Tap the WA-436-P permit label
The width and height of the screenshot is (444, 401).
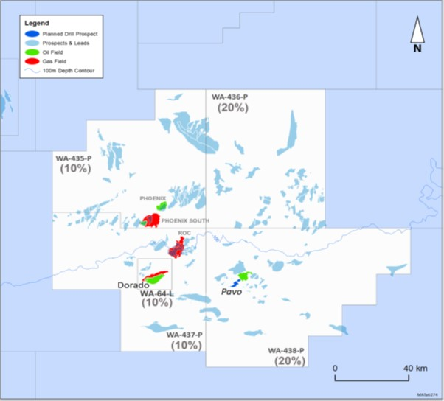coord(229,97)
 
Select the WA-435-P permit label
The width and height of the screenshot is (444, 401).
coord(74,158)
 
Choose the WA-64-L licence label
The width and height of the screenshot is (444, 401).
coord(157,293)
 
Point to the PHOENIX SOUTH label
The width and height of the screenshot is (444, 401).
coord(185,220)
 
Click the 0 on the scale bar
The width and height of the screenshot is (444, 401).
coord(335,367)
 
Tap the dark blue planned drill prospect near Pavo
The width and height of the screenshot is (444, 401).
coord(235,283)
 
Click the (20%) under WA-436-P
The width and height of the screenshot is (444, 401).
coord(233,108)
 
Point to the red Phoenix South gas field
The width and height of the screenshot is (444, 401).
coord(152,220)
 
